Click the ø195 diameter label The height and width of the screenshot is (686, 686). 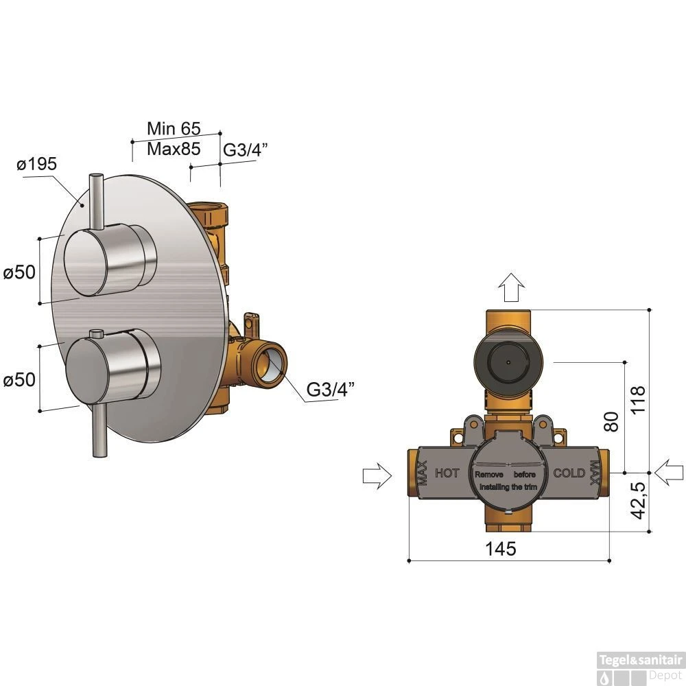click(37, 164)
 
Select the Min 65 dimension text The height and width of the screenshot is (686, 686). click(174, 129)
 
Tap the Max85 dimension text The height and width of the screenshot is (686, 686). click(174, 149)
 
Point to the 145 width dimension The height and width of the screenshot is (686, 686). click(501, 548)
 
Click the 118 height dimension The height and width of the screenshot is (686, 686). click(638, 399)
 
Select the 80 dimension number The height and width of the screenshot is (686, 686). click(611, 422)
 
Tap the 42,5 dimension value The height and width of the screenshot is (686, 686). click(639, 501)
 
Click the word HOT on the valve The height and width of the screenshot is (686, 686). click(447, 473)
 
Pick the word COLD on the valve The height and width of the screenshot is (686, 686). click(569, 473)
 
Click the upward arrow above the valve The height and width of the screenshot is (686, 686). click(512, 287)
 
